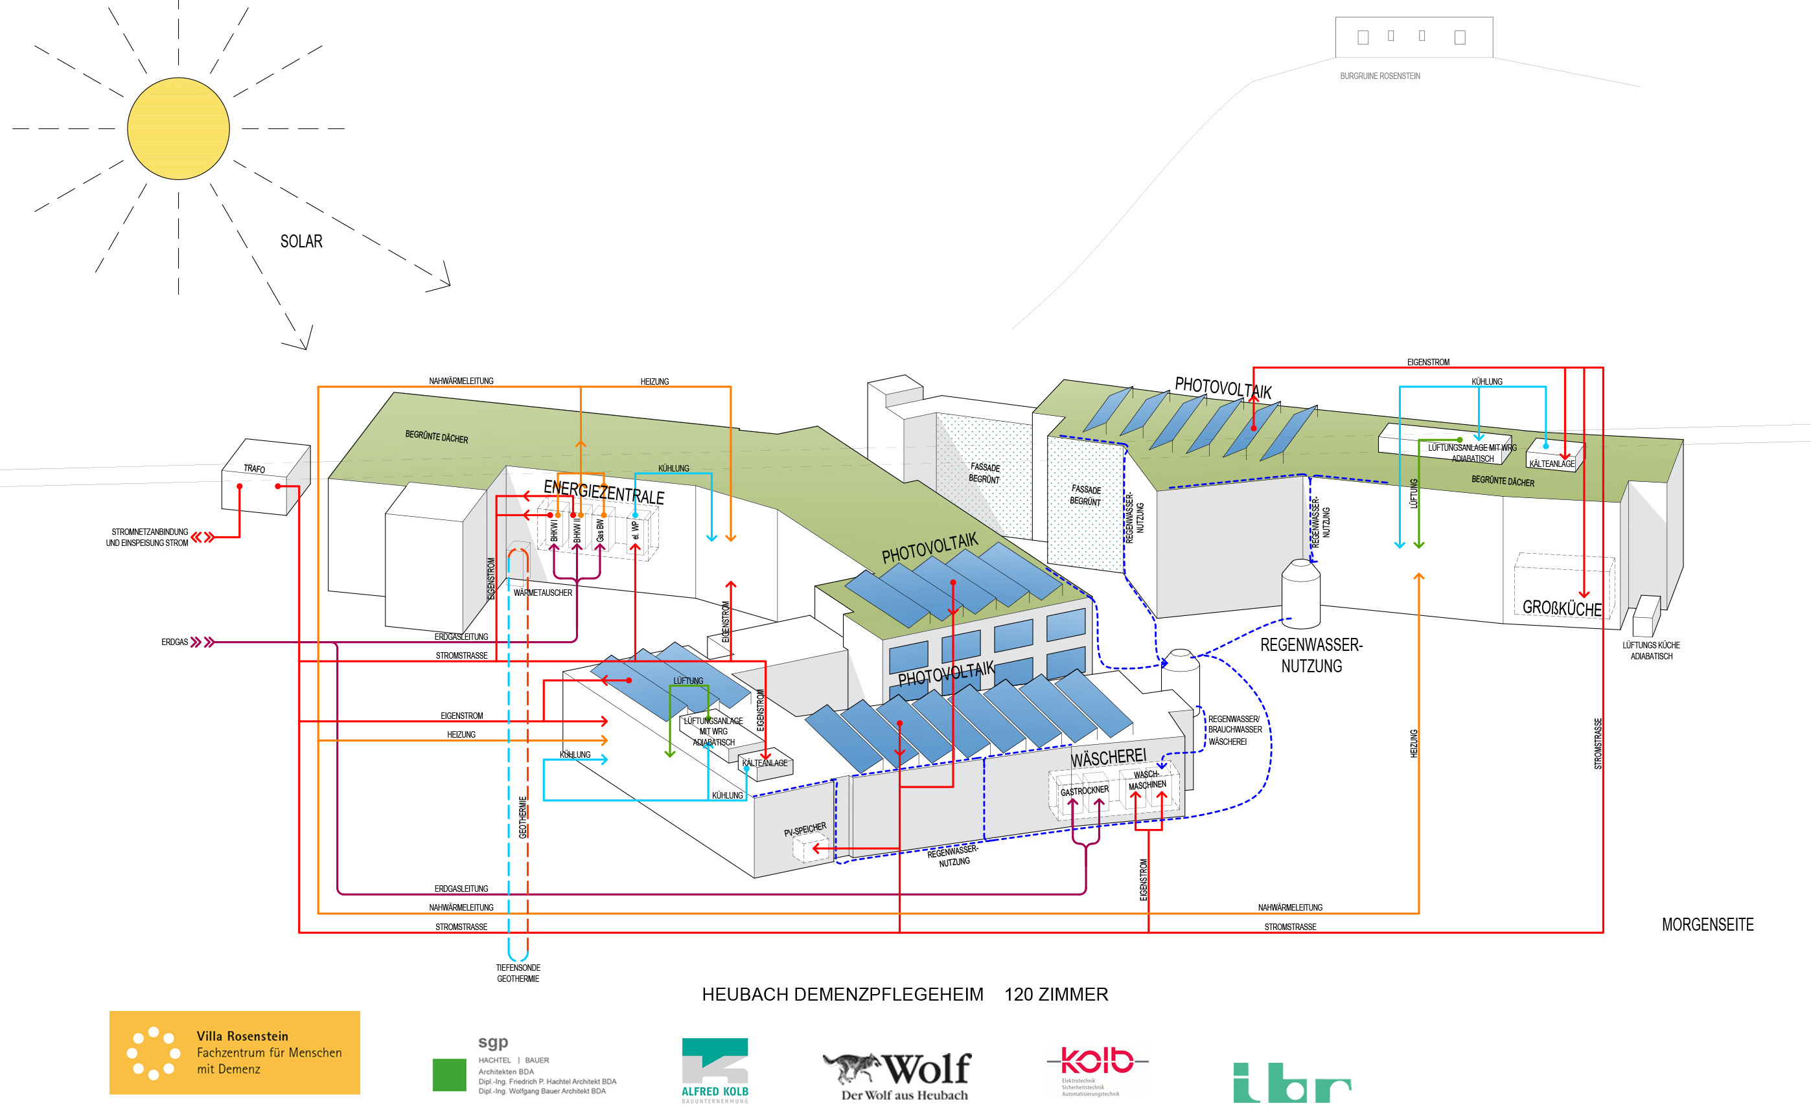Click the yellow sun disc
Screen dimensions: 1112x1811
(178, 129)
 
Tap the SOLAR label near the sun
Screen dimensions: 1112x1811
(301, 241)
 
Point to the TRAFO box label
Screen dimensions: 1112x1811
(255, 468)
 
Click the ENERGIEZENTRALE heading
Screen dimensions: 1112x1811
(603, 492)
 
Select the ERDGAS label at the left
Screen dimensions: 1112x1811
(174, 642)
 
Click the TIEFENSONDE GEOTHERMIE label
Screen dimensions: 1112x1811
(518, 973)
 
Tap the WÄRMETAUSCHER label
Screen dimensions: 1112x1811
(542, 593)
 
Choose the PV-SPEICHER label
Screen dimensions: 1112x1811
(805, 830)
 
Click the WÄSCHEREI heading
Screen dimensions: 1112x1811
(1108, 758)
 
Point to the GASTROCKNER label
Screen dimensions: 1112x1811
(1084, 791)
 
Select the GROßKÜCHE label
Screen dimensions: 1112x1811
(1562, 608)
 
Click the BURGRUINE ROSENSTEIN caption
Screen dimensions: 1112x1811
(1380, 76)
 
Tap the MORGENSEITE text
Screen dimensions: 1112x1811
(1707, 924)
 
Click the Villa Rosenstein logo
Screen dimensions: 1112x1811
(235, 1052)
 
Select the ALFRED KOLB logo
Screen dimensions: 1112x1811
(714, 1070)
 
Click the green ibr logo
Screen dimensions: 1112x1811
(1292, 1083)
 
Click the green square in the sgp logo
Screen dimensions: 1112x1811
(449, 1074)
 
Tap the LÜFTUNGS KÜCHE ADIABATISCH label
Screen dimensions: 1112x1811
(1651, 651)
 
